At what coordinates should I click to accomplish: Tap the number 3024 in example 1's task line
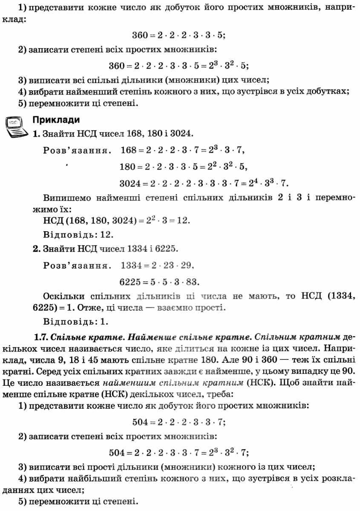click(x=180, y=133)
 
